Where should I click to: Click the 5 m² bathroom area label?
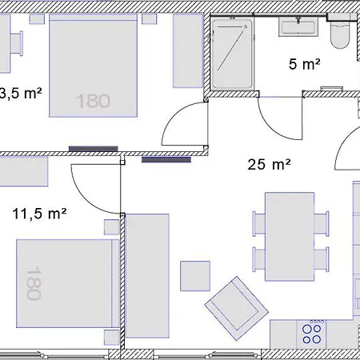point(304,63)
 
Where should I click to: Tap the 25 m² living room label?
point(268,166)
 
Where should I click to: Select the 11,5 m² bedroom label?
point(39,214)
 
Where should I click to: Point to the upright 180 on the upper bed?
point(94,101)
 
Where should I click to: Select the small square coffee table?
point(195,276)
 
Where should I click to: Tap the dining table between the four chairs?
point(290,236)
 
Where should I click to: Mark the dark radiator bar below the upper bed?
point(93,148)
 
